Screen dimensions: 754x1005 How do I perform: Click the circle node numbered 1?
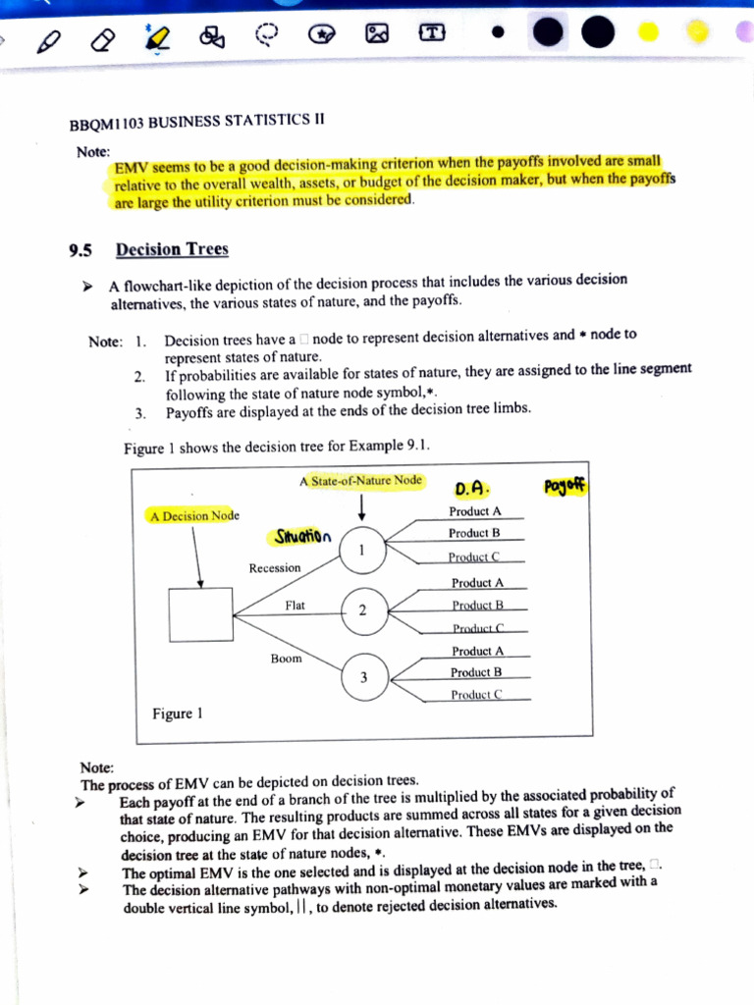point(362,550)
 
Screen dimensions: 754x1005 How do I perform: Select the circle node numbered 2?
point(362,610)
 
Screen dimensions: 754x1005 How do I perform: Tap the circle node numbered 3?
point(363,675)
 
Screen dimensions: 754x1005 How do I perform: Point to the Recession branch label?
point(275,568)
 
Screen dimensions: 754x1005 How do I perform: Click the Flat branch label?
point(296,606)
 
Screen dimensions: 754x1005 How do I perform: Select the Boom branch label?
point(287,659)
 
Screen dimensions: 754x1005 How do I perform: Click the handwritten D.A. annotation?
point(472,488)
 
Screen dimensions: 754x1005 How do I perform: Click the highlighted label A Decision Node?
point(194,515)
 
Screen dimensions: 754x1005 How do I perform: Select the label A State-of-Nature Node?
point(361,481)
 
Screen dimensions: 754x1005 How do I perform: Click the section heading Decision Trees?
point(172,249)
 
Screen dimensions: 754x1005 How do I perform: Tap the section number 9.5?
point(81,250)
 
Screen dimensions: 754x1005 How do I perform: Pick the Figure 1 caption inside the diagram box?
point(178,714)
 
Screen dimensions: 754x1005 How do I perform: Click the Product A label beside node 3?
point(477,652)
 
